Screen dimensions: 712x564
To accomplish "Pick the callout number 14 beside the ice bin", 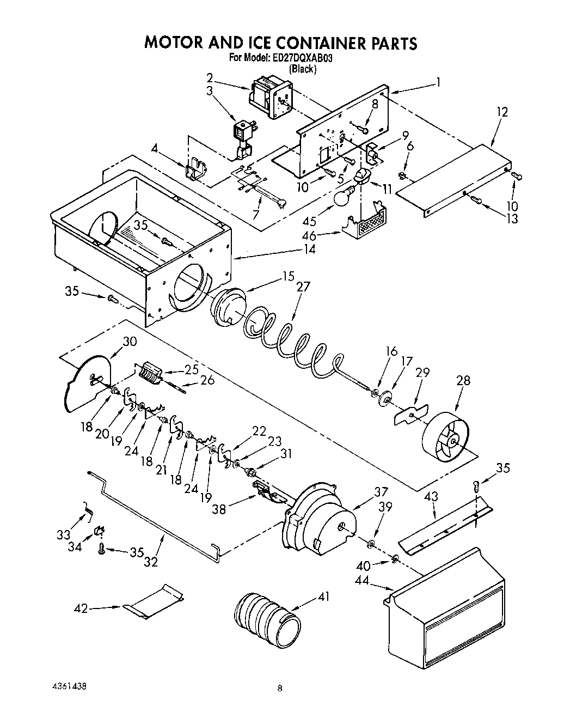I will point(309,249).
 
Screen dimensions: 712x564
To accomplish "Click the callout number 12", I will point(502,112).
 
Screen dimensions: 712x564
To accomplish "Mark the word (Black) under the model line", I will point(303,69).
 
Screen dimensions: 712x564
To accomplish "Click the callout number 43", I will point(431,498).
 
